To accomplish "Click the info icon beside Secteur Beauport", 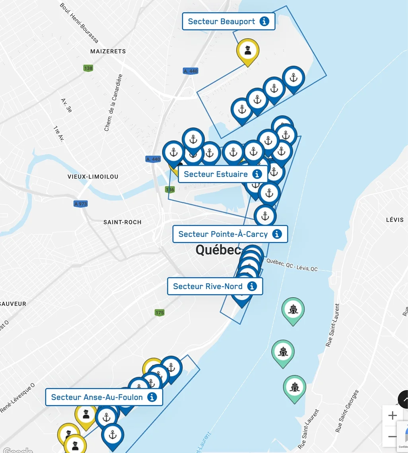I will click(264, 21).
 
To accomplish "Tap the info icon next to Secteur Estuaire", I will click(257, 174).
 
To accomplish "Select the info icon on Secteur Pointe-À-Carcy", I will click(277, 234).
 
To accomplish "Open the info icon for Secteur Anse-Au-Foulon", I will click(152, 397).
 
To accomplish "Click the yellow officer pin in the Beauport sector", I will click(248, 51).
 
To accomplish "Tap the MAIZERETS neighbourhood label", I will click(108, 51).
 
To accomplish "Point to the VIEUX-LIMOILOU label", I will click(93, 177).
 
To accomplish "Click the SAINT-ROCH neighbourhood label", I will click(122, 222).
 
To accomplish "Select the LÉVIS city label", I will click(395, 220).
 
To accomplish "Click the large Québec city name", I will click(218, 250).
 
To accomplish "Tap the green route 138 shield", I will click(88, 68).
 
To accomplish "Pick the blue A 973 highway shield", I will click(81, 204).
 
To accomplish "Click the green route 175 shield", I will click(159, 313).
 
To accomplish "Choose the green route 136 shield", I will click(170, 190).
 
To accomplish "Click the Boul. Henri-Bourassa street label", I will click(79, 23).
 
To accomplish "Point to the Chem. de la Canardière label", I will click(113, 103).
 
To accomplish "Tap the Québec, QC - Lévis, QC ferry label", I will click(292, 265).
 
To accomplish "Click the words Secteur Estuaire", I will click(216, 174).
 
